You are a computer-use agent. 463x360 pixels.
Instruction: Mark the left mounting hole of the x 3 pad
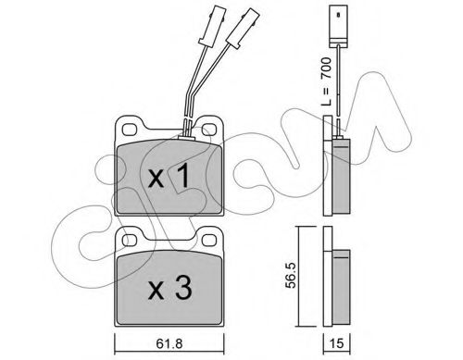pyautogui.click(x=129, y=240)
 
